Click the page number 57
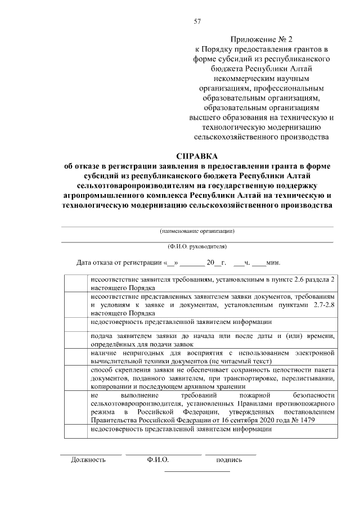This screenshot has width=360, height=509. pyautogui.click(x=197, y=21)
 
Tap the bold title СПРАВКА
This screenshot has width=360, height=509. pyautogui.click(x=196, y=156)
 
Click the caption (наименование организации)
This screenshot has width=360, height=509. pyautogui.click(x=197, y=231)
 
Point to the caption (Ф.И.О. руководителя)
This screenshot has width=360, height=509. pyautogui.click(x=197, y=246)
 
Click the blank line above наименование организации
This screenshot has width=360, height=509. pyautogui.click(x=197, y=226)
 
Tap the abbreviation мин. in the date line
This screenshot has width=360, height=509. pyautogui.click(x=273, y=263)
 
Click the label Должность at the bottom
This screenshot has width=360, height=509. pyautogui.click(x=88, y=460)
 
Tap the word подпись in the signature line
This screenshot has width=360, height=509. pyautogui.click(x=229, y=460)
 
